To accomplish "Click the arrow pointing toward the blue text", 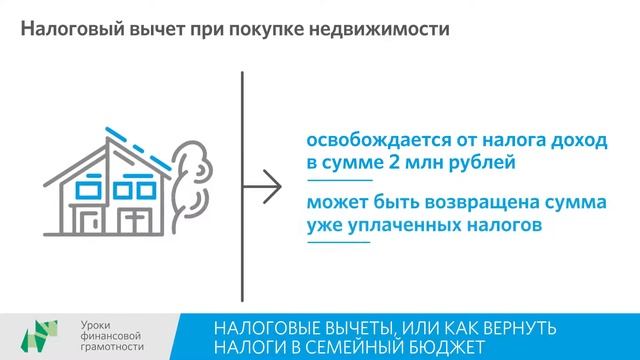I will [x=265, y=184].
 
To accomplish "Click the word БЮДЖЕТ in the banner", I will [x=437, y=347].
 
